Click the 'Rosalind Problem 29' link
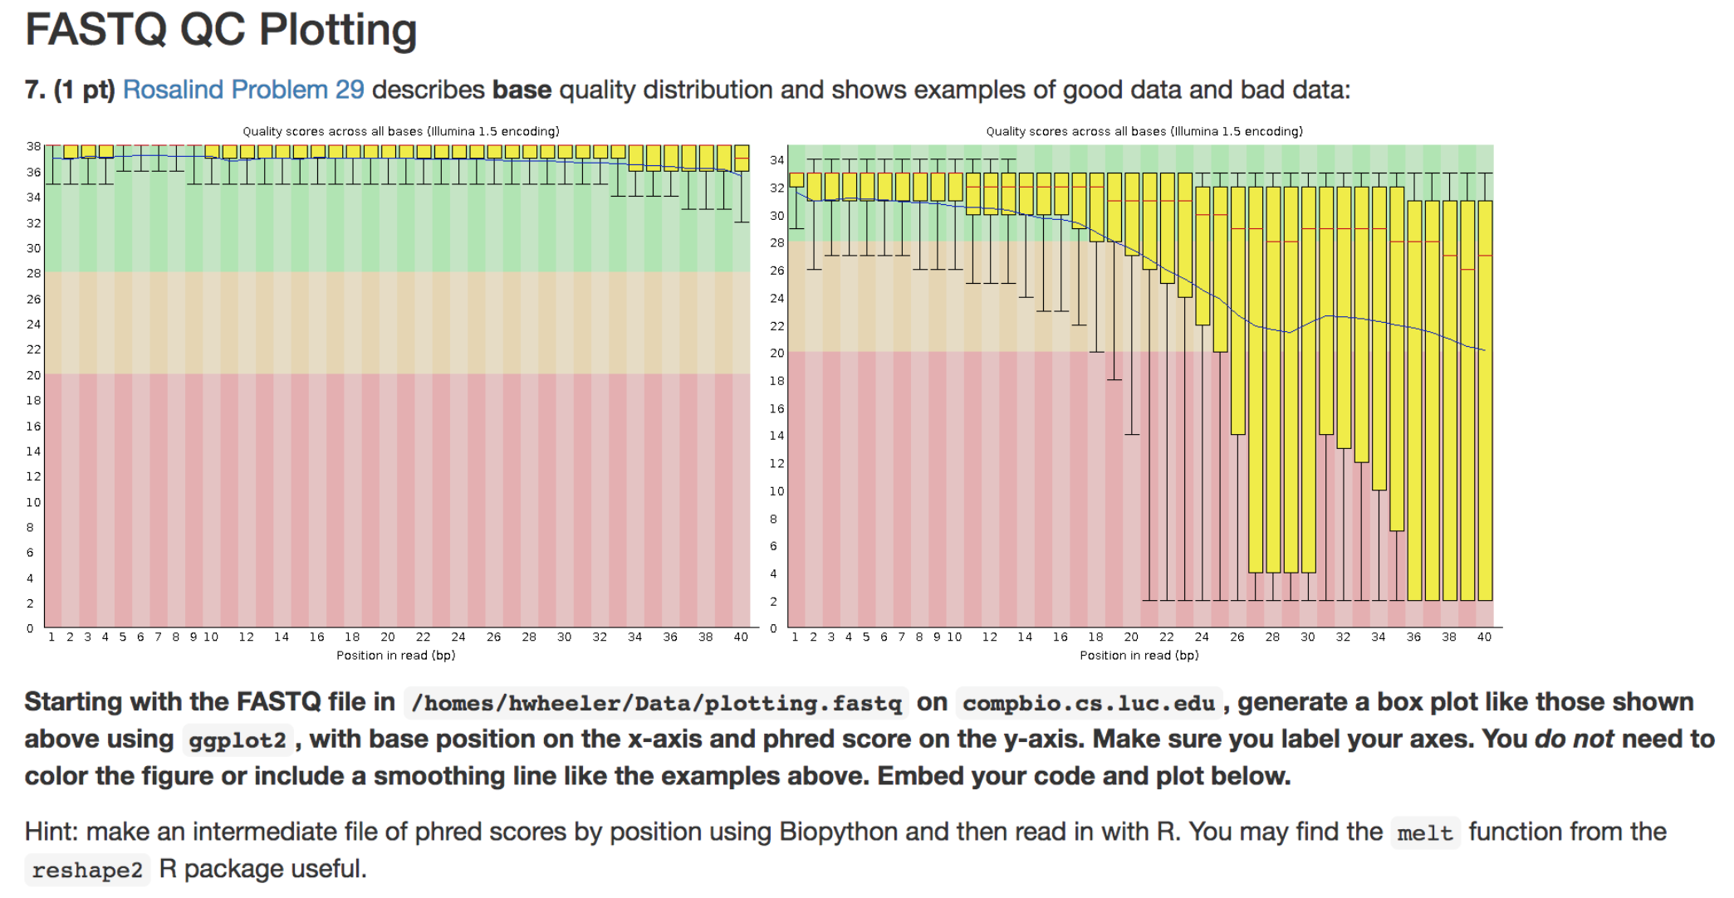tap(243, 90)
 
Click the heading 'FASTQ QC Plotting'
tap(221, 30)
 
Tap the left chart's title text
tap(400, 131)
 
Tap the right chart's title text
tap(1144, 131)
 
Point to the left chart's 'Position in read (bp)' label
tap(395, 656)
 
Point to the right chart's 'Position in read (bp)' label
tap(1139, 656)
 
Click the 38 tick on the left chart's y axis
tap(33, 146)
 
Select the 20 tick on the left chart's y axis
tap(33, 375)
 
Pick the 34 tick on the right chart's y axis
tap(776, 160)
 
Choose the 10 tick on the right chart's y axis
tap(776, 491)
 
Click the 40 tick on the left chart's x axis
tap(741, 637)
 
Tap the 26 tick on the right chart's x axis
tap(1237, 637)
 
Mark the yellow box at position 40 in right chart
tap(1485, 398)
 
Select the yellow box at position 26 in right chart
tap(1238, 311)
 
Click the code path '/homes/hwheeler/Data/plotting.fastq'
tap(656, 704)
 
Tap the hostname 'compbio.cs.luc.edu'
tap(1089, 704)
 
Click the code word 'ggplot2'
tap(238, 740)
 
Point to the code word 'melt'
tap(1425, 833)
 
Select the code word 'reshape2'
tap(87, 871)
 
